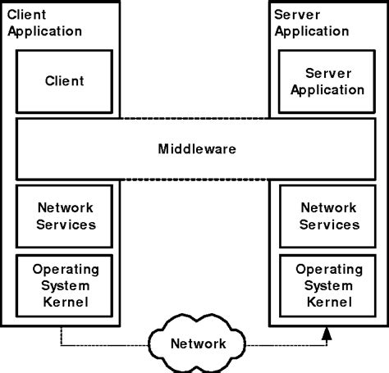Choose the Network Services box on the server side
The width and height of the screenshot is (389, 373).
pos(328,216)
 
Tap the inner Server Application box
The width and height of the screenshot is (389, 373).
pos(328,81)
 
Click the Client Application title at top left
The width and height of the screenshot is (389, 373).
pos(49,23)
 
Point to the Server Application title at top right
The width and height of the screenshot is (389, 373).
pos(313,23)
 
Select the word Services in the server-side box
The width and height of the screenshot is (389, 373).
pos(328,224)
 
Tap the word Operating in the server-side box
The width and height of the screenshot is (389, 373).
pos(328,269)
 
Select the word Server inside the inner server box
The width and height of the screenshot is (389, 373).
pos(328,73)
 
